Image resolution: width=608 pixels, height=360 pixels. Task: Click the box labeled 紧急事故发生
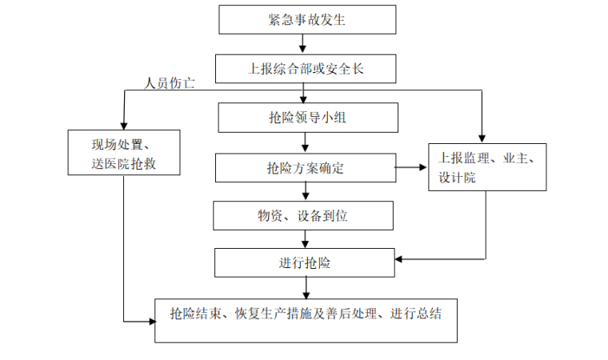(x=307, y=20)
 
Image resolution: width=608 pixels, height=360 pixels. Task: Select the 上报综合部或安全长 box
(x=307, y=69)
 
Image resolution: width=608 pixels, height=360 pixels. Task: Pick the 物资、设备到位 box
(x=303, y=214)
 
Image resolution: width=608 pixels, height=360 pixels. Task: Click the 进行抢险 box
(x=306, y=262)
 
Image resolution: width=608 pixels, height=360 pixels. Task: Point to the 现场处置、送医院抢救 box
(x=123, y=152)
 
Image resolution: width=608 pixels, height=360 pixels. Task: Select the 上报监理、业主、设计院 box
(x=487, y=167)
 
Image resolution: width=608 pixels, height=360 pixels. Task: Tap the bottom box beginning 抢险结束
(x=306, y=319)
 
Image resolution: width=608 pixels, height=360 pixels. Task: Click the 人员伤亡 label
(x=170, y=83)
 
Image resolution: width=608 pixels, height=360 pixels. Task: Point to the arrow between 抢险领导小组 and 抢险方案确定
(x=306, y=142)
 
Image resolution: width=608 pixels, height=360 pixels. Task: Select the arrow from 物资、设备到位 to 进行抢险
(x=306, y=238)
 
